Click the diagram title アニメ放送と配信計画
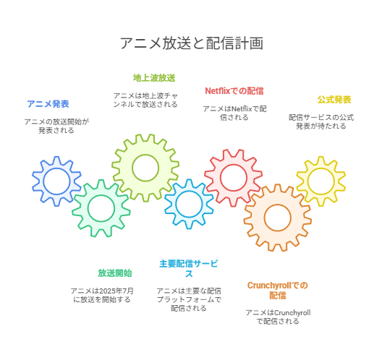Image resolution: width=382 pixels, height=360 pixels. (192, 43)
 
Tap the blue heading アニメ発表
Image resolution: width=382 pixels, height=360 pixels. (48, 104)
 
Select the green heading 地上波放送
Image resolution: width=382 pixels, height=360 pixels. (154, 78)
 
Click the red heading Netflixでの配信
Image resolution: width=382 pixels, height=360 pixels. (234, 91)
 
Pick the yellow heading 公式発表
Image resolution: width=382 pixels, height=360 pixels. (334, 100)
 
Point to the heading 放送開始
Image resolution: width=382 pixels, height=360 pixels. (115, 273)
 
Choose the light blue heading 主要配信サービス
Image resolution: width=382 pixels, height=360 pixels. (189, 268)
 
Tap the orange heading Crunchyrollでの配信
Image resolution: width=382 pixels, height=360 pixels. (278, 290)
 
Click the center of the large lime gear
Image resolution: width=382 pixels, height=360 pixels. (145, 168)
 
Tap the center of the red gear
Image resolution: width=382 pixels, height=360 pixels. (234, 178)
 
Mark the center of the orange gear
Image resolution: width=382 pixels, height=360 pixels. (278, 218)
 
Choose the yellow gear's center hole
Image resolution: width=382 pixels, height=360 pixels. (321, 181)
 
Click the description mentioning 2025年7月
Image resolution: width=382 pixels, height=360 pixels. (102, 295)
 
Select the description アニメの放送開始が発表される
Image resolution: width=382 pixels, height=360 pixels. (56, 126)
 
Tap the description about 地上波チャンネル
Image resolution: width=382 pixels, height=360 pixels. (145, 100)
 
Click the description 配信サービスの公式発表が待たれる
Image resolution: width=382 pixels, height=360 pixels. (321, 121)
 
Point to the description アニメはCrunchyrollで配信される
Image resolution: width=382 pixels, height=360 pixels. (278, 317)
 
